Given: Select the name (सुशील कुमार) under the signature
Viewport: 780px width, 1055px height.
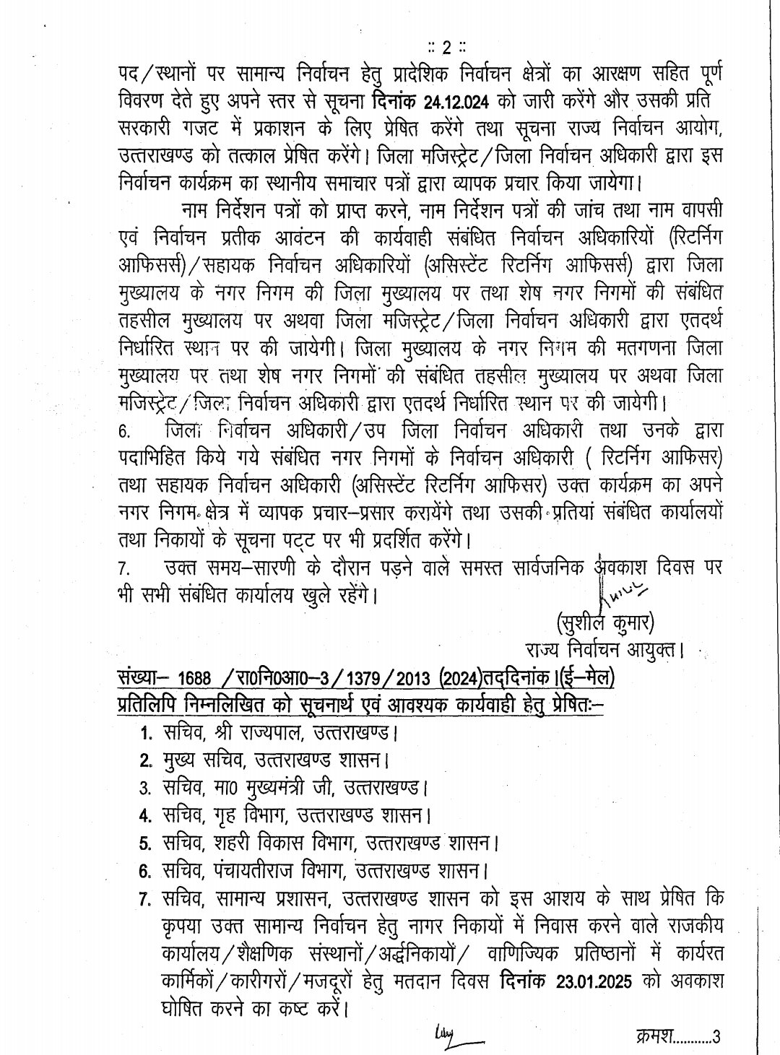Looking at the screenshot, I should [x=605, y=621].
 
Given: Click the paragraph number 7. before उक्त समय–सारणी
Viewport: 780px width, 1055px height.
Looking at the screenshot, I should [x=123, y=569].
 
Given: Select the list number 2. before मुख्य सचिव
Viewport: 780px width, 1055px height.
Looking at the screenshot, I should [x=145, y=760].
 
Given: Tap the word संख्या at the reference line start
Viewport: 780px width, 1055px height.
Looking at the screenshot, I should [x=142, y=680].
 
